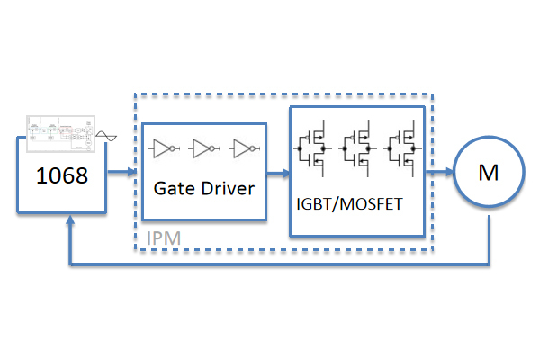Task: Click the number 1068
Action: [x=62, y=175]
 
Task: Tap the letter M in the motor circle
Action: [x=489, y=173]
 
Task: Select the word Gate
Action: [x=175, y=188]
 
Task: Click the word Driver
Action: [x=228, y=188]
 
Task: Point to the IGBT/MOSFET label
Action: [x=349, y=204]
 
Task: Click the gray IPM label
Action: [x=164, y=238]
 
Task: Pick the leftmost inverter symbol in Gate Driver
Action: [x=164, y=148]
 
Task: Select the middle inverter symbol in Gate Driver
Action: [x=204, y=148]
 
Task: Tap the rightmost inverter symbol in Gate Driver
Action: [x=244, y=148]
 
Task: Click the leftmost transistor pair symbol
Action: [x=312, y=148]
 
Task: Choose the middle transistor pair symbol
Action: [x=357, y=148]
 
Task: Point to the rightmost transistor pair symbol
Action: [x=402, y=148]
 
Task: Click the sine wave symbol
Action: [x=106, y=136]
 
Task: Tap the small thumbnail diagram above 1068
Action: [x=60, y=134]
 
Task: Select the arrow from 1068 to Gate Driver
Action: [x=122, y=171]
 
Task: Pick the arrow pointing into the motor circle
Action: [x=440, y=172]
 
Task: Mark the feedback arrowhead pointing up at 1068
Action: [x=70, y=220]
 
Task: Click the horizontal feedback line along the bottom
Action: [x=280, y=265]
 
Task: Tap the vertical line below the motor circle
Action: [x=489, y=240]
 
